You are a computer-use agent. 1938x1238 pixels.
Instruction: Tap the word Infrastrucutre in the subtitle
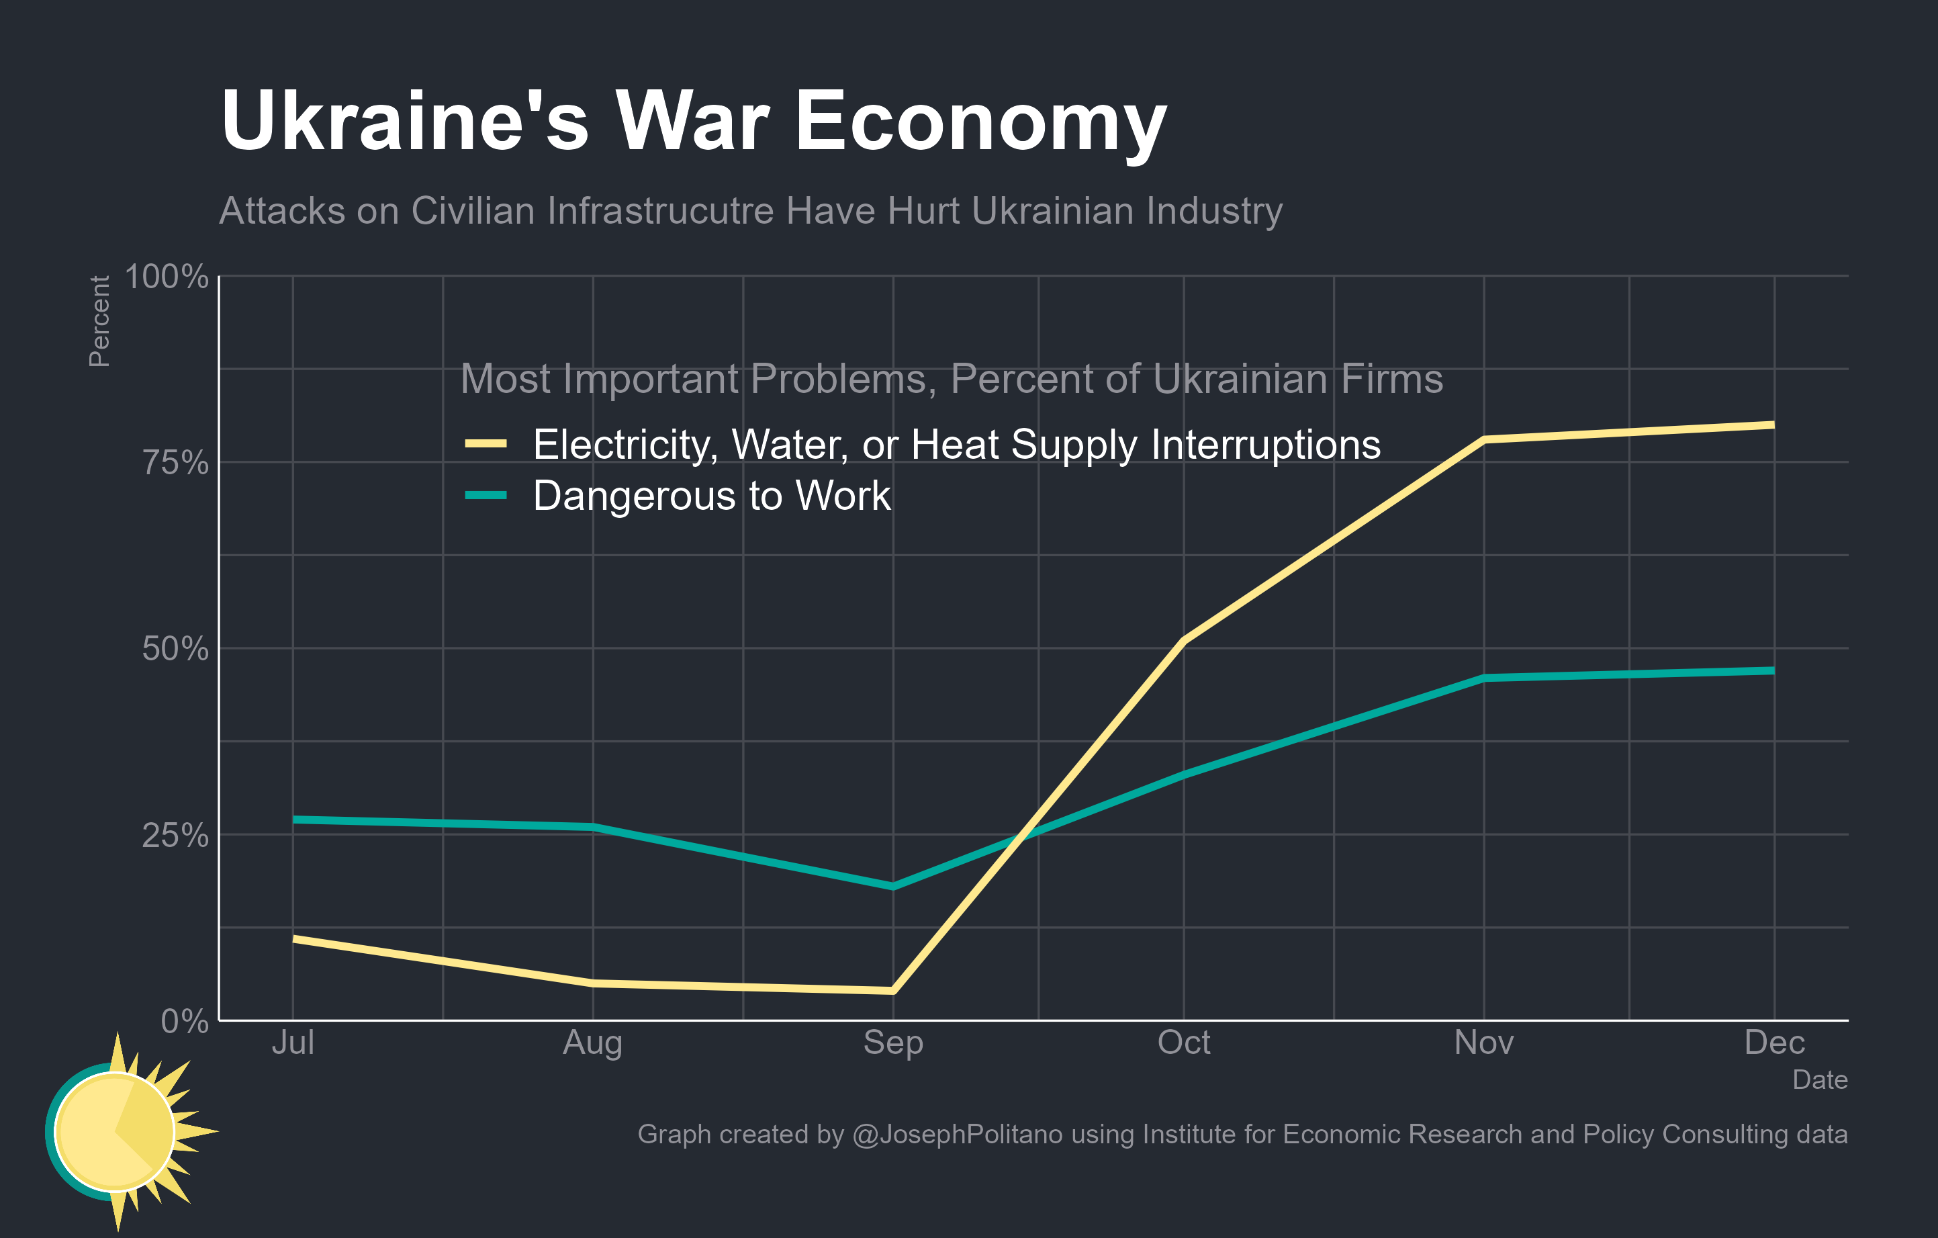[660, 211]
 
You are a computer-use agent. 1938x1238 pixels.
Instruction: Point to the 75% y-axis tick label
[175, 463]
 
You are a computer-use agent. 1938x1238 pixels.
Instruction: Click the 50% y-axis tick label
[175, 649]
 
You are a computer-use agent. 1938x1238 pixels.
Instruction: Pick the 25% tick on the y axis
[175, 836]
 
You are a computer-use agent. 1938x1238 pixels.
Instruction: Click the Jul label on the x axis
[293, 1043]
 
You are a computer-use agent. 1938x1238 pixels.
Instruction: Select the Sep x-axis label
[892, 1043]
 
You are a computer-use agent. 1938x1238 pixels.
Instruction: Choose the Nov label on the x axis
[1483, 1043]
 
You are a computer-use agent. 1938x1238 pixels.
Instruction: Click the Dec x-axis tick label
[1774, 1043]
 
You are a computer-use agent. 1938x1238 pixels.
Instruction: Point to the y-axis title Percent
[99, 321]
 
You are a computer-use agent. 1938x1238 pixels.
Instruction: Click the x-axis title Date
[1820, 1079]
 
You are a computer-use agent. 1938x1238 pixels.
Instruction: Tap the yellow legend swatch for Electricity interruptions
[486, 443]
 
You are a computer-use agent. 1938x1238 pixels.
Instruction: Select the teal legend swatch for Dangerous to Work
[486, 495]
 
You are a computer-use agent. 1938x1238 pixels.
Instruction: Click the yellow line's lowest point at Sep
[892, 991]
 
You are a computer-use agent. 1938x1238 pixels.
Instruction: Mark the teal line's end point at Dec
[1773, 670]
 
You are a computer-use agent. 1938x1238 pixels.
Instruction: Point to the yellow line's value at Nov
[1483, 439]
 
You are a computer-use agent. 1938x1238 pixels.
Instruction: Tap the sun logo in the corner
[121, 1131]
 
